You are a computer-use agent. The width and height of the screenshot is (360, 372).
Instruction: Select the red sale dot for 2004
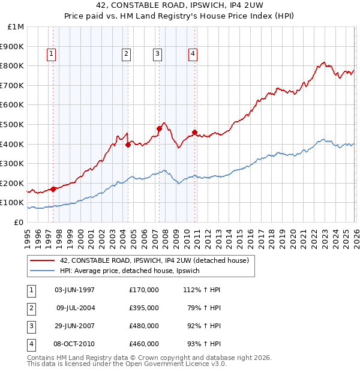pyautogui.click(x=128, y=145)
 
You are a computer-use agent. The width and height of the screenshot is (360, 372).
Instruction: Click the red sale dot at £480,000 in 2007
pyautogui.click(x=159, y=128)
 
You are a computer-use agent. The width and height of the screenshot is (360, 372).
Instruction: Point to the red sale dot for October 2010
pyautogui.click(x=194, y=132)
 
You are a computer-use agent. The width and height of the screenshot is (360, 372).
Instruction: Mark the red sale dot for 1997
pyautogui.click(x=53, y=189)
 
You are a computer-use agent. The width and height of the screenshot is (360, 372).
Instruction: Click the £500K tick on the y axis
pyautogui.click(x=12, y=124)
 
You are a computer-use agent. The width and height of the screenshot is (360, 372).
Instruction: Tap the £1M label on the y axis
pyautogui.click(x=16, y=27)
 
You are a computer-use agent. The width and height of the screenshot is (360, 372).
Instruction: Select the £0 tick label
pyautogui.click(x=19, y=222)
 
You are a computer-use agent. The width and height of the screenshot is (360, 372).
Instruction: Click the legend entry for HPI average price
pyautogui.click(x=133, y=271)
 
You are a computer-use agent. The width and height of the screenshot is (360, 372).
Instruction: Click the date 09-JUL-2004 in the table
pyautogui.click(x=75, y=308)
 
